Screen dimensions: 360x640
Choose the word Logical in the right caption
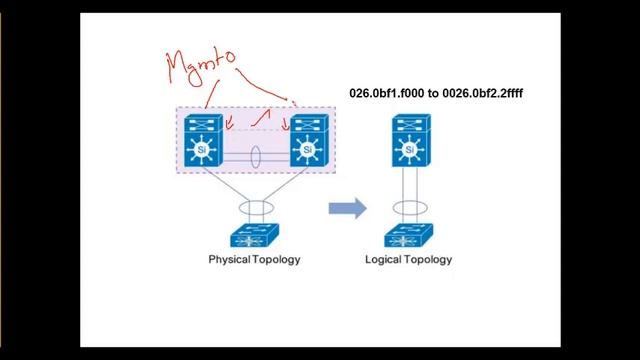tap(391, 260)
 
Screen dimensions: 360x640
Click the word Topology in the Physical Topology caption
tap(277, 260)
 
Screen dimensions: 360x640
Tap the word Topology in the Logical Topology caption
tap(432, 260)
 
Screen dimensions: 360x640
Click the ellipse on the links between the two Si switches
tap(258, 158)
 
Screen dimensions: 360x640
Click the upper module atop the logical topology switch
tap(408, 124)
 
